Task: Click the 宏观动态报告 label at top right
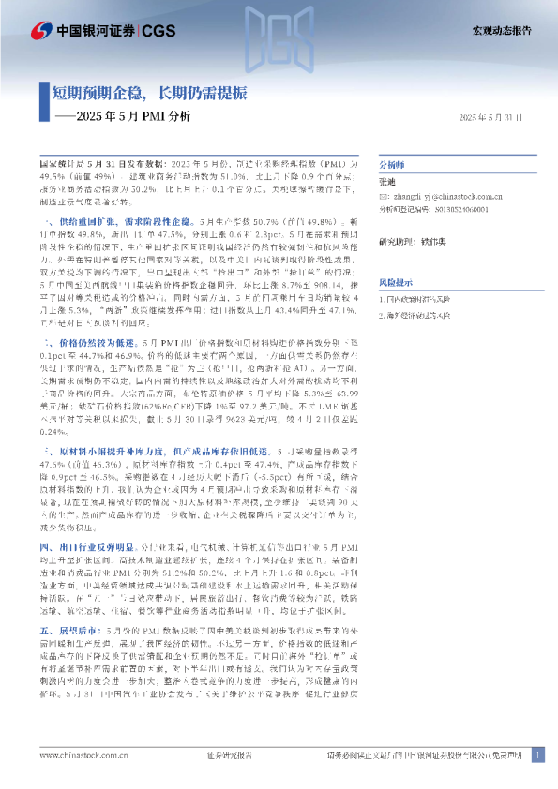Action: point(500,30)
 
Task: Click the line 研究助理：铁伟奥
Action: point(414,242)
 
